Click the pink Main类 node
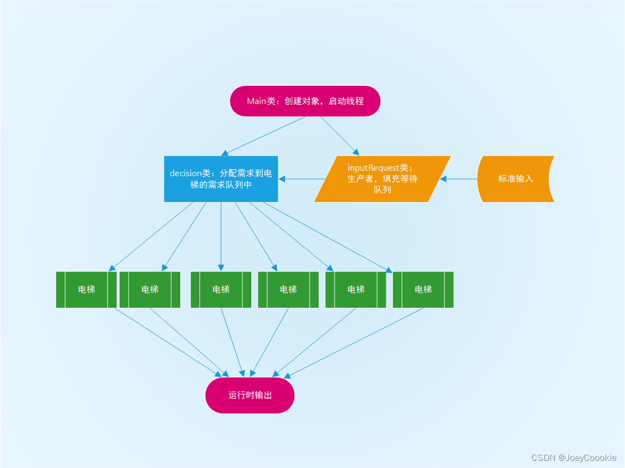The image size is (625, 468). pyautogui.click(x=305, y=101)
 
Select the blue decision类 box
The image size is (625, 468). pyautogui.click(x=220, y=179)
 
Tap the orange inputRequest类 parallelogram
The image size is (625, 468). pyautogui.click(x=382, y=179)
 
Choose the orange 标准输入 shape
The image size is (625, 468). pyautogui.click(x=515, y=179)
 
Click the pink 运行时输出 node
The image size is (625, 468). pyautogui.click(x=250, y=395)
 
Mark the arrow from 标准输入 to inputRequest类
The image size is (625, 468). pyautogui.click(x=459, y=179)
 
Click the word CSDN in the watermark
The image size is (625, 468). pyautogui.click(x=542, y=458)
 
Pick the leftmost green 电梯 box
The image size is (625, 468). pyautogui.click(x=87, y=290)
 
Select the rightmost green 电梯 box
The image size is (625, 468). pyautogui.click(x=423, y=290)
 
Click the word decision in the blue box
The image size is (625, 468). pyautogui.click(x=186, y=173)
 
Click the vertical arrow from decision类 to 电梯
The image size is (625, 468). pyautogui.click(x=221, y=234)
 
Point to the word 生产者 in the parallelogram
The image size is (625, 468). pyautogui.click(x=361, y=179)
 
